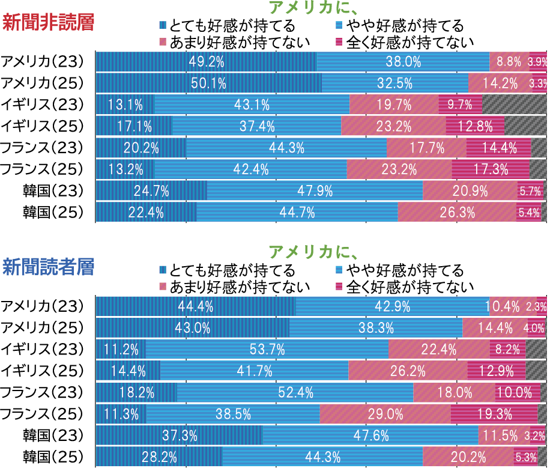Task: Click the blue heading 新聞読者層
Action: (x=49, y=267)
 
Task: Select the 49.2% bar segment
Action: (x=206, y=61)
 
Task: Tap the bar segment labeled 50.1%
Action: (x=208, y=83)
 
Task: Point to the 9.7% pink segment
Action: (x=460, y=105)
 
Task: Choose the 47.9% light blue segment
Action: (x=315, y=191)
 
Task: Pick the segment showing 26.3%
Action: (x=457, y=212)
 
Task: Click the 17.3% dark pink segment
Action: (x=490, y=169)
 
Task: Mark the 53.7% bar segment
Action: (x=267, y=349)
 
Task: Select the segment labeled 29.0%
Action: (x=385, y=413)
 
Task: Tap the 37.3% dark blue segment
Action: (x=179, y=435)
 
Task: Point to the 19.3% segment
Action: (x=494, y=413)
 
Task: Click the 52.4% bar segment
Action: (x=295, y=392)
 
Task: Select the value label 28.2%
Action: (x=159, y=457)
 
